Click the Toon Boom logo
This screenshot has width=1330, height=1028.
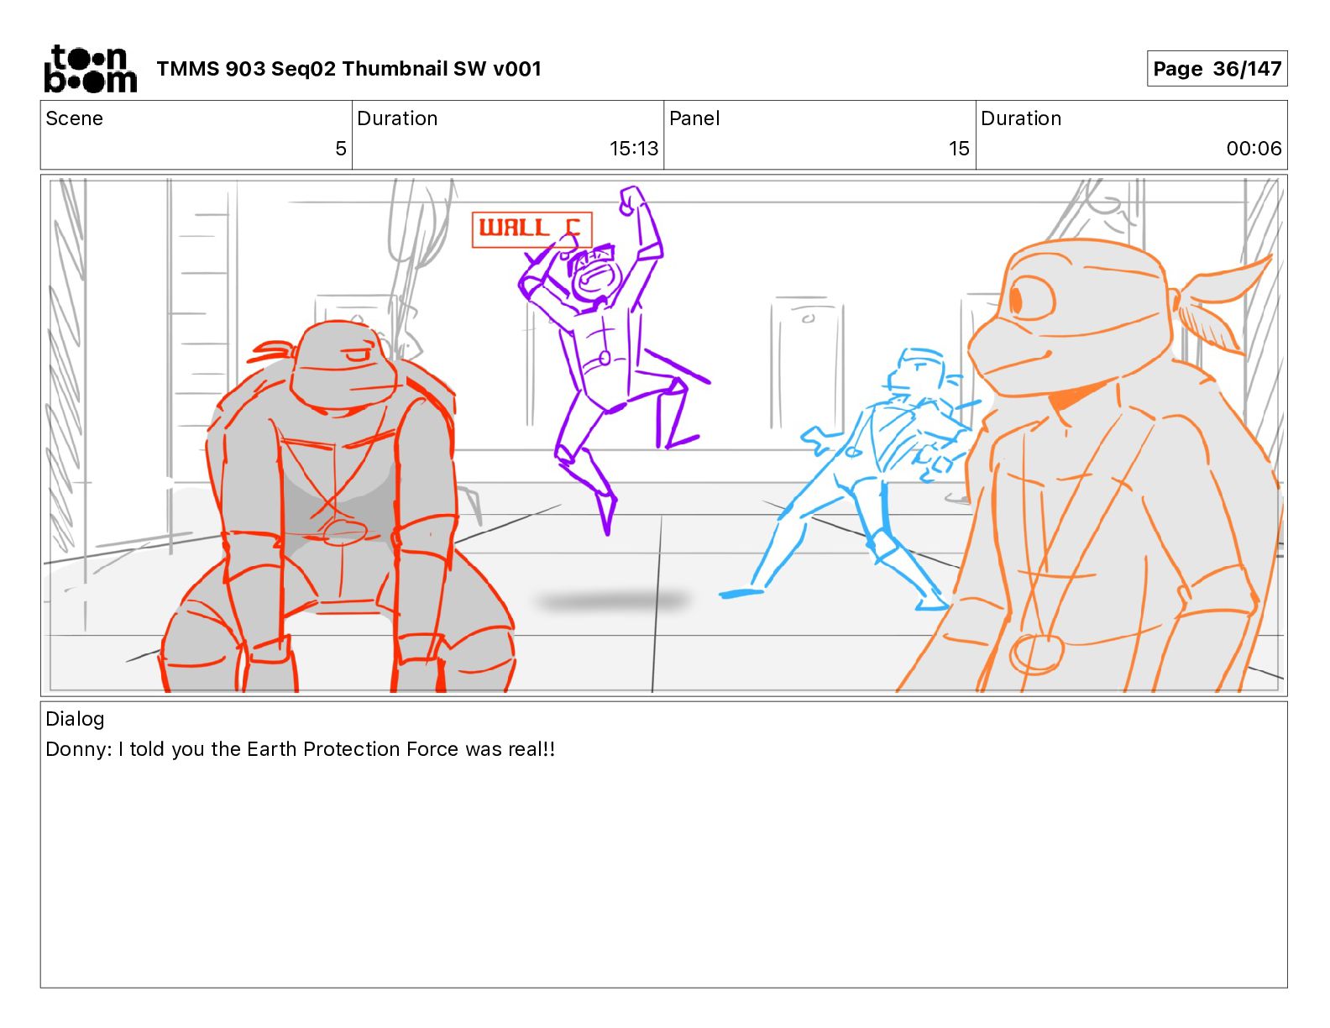point(91,69)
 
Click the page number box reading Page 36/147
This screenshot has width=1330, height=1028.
point(1217,69)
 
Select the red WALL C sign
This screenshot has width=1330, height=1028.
point(531,229)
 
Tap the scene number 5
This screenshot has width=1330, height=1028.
point(341,148)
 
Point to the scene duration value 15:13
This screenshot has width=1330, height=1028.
point(633,148)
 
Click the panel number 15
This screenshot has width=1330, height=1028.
point(959,148)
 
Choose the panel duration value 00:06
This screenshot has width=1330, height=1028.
point(1254,148)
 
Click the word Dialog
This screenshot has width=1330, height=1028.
point(75,718)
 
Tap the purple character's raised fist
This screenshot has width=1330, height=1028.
point(631,200)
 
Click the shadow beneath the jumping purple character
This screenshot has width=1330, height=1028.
point(613,600)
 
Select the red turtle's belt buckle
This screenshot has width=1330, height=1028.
point(344,531)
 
